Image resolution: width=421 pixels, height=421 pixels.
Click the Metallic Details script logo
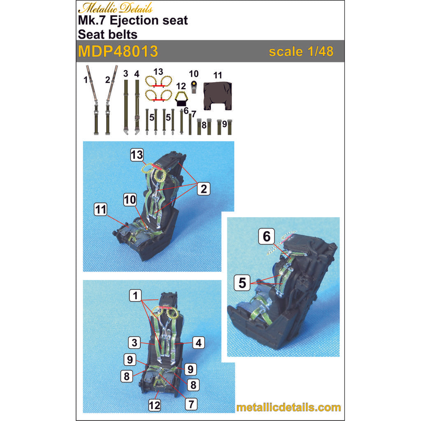click(x=116, y=8)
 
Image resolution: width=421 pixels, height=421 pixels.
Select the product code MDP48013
click(x=118, y=51)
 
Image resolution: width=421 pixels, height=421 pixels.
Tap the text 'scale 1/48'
click(x=301, y=51)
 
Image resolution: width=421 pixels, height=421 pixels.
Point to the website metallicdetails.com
click(x=289, y=407)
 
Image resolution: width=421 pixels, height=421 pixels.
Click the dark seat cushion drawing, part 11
click(x=217, y=96)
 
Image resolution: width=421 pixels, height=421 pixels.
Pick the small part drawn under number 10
click(x=194, y=87)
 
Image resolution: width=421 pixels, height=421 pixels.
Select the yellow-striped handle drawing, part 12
click(x=181, y=99)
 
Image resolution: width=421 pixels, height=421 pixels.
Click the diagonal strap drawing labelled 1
click(x=92, y=99)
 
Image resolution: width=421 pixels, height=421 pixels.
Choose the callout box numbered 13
click(x=137, y=155)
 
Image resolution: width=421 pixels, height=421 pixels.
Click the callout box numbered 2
click(x=204, y=189)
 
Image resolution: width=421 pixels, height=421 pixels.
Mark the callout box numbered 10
click(x=130, y=200)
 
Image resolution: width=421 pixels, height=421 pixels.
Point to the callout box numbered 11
click(x=101, y=209)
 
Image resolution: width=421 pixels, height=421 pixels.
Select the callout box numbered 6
click(x=266, y=236)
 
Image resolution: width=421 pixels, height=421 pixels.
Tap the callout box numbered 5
click(x=242, y=283)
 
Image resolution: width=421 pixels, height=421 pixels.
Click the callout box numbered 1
click(x=135, y=295)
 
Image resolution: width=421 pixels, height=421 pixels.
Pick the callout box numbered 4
click(x=199, y=343)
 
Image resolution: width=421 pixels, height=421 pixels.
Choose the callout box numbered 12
click(x=155, y=405)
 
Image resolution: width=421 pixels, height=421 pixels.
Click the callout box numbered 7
click(x=191, y=404)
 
